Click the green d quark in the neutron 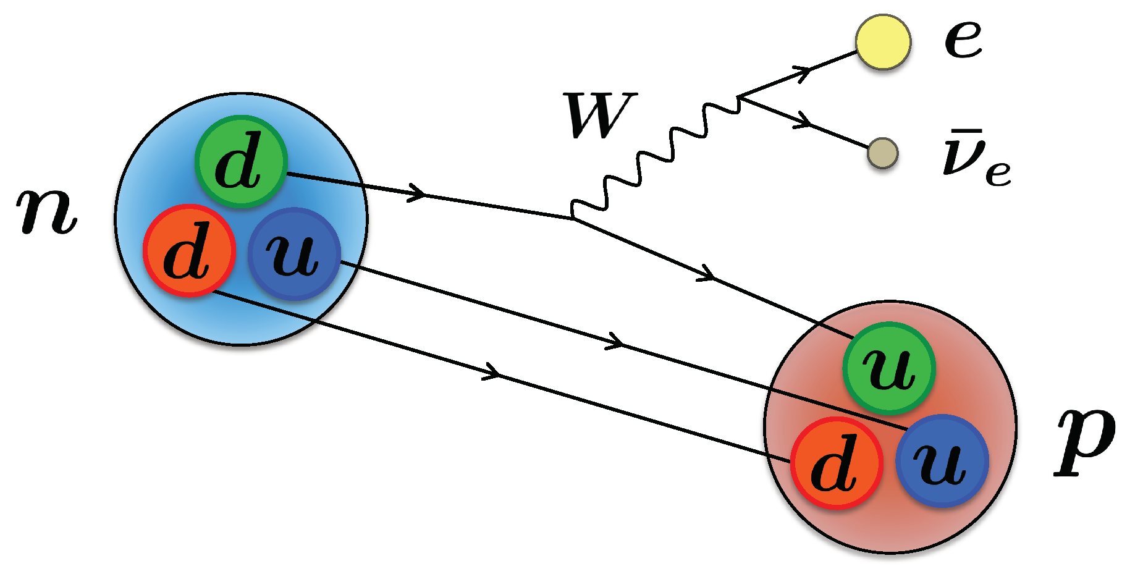[x=241, y=162]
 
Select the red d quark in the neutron [x=189, y=250]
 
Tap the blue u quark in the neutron [x=294, y=253]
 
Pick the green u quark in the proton [x=889, y=368]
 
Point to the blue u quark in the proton [x=942, y=460]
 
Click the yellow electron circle [x=883, y=42]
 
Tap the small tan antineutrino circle [x=882, y=153]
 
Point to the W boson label [x=599, y=116]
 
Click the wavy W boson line [x=655, y=158]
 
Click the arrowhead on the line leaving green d [x=416, y=193]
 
